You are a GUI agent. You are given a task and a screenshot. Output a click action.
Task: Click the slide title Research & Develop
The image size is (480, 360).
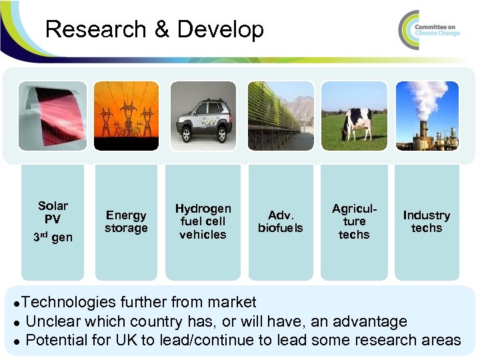tap(155, 29)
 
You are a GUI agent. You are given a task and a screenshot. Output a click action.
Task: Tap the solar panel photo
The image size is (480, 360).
tap(52, 116)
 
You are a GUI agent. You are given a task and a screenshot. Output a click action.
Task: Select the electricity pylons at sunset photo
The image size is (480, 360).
tap(126, 116)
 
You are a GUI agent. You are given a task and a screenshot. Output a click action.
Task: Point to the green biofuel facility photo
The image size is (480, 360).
tap(280, 116)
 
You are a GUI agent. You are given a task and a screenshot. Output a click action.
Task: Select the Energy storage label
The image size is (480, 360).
tap(126, 221)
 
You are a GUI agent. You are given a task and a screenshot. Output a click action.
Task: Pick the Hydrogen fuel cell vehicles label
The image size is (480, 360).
tap(203, 221)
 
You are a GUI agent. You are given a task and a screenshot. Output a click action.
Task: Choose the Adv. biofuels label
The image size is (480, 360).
tap(280, 221)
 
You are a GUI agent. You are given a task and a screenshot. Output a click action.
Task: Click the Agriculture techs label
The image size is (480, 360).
tap(354, 221)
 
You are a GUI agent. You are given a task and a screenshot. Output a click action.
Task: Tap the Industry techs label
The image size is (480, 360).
tap(427, 221)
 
